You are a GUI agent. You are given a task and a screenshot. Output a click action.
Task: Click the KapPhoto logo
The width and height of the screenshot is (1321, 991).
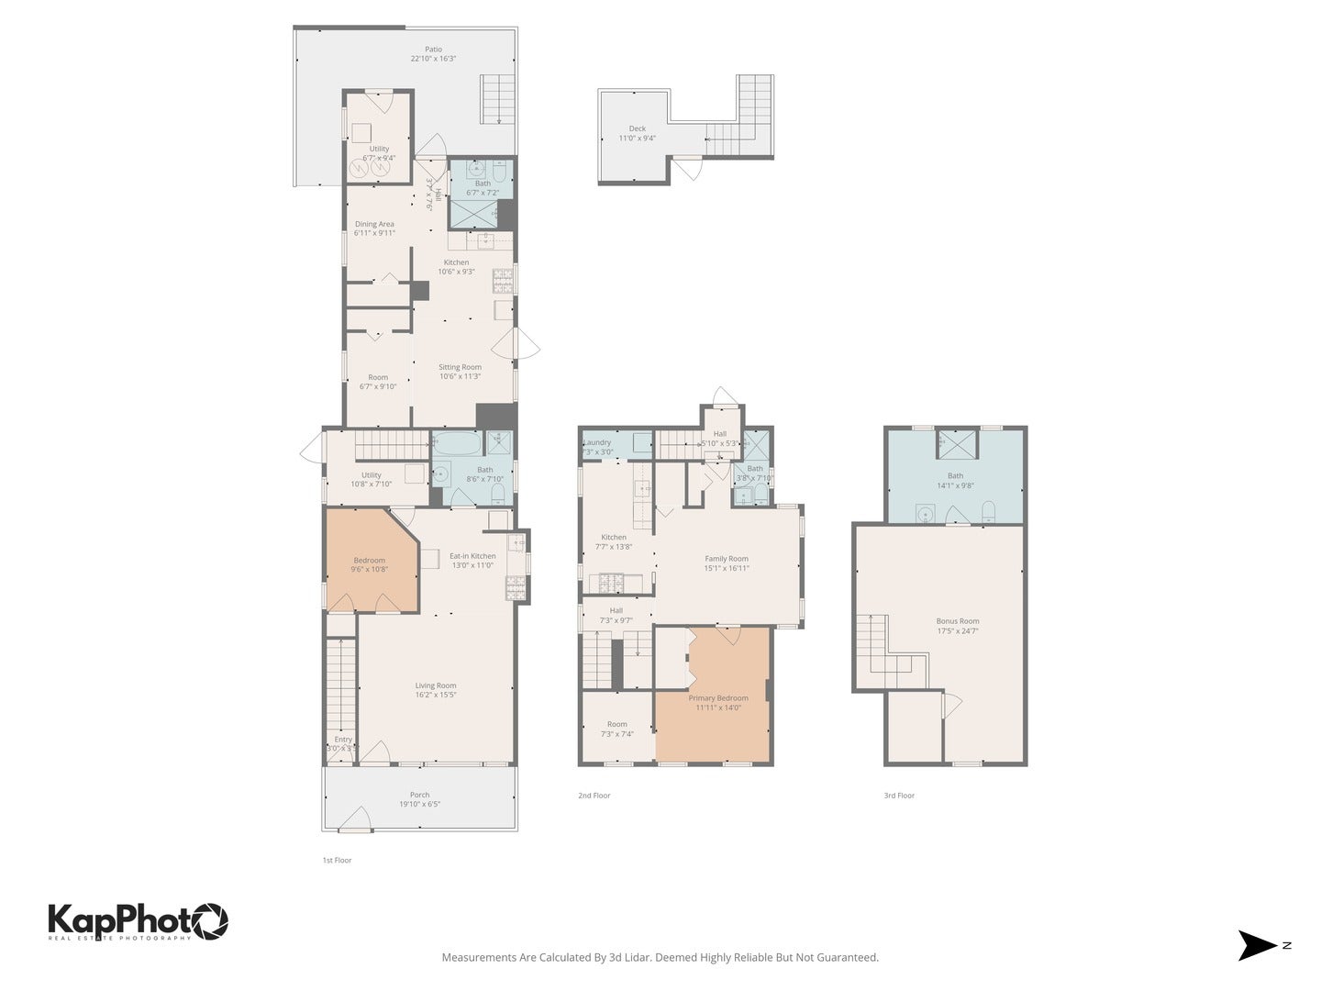138,920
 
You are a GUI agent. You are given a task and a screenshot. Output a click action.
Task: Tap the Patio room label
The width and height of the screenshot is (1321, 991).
433,54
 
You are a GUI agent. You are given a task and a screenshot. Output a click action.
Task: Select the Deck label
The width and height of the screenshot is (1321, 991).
637,134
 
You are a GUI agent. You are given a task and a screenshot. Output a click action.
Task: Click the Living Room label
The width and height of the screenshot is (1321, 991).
435,690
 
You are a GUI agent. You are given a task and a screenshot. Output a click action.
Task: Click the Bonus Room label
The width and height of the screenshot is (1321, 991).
957,626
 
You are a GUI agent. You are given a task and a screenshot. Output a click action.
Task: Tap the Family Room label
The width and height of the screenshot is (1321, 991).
726,562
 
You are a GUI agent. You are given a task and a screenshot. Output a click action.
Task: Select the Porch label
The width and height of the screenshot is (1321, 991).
419,799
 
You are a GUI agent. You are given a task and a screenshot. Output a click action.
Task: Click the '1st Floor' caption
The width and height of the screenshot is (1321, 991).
337,861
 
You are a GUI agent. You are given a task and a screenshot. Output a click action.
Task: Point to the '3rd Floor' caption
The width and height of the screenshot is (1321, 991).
899,796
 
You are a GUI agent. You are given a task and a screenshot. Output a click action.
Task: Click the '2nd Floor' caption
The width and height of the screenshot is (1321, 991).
594,796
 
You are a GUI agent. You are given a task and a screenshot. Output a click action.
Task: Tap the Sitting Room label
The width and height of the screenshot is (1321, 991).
460,372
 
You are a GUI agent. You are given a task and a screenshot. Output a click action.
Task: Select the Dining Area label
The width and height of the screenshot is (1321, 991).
374,228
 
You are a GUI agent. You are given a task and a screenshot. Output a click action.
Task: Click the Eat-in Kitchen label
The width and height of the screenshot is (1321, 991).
472,560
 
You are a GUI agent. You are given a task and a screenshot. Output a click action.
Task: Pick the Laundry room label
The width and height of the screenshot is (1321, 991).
597,447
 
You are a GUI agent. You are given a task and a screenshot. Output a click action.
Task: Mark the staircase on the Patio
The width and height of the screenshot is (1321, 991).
497,99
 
